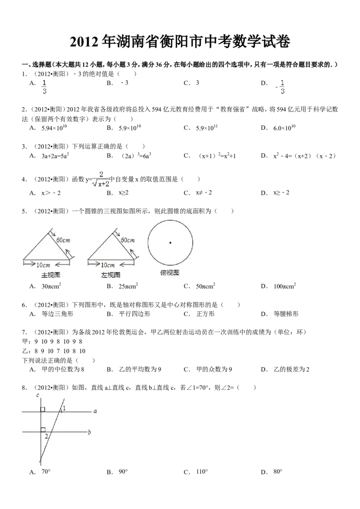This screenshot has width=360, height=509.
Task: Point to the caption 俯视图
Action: click(x=170, y=272)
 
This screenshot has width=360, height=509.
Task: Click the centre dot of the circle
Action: click(x=170, y=243)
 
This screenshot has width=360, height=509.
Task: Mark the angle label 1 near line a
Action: click(x=64, y=408)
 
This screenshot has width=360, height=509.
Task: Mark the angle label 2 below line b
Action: click(x=46, y=436)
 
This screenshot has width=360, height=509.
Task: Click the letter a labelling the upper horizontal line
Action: click(x=95, y=411)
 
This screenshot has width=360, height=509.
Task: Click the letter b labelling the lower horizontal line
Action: click(x=90, y=433)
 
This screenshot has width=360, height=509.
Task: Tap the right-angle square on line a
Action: click(x=43, y=409)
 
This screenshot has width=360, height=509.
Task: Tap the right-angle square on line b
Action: click(x=43, y=429)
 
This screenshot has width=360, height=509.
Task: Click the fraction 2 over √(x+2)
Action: click(x=100, y=178)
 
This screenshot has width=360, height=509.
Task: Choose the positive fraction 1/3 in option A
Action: click(x=44, y=87)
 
